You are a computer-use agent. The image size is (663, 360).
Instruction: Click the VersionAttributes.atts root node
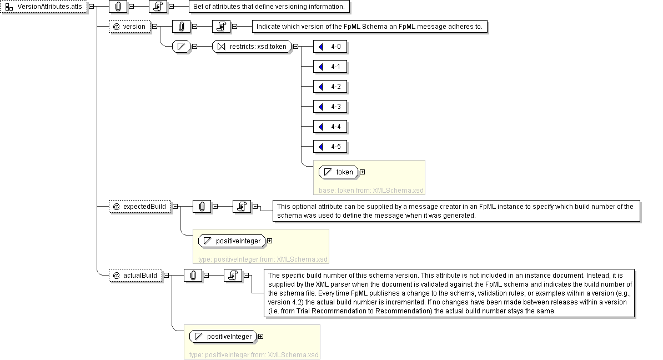tap(44, 7)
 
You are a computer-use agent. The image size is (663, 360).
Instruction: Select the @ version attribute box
tap(129, 27)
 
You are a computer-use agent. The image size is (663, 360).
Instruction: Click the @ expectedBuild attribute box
tap(140, 207)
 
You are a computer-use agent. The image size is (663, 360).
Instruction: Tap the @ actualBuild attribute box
tap(135, 276)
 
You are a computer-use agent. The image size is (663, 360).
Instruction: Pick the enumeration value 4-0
tap(330, 47)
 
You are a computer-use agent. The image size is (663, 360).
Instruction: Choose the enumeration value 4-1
tap(330, 67)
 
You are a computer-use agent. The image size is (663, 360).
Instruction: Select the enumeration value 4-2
tap(330, 87)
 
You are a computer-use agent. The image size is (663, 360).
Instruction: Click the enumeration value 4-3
tap(330, 107)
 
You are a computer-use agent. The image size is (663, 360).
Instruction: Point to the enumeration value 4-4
tap(330, 127)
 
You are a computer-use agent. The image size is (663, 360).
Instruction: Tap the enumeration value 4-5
tap(330, 147)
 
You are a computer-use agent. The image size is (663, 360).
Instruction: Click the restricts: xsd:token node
tap(252, 47)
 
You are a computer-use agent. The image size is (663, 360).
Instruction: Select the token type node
tap(338, 172)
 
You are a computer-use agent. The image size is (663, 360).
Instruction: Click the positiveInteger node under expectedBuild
tap(232, 241)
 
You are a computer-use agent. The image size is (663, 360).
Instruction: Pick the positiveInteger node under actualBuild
tap(223, 336)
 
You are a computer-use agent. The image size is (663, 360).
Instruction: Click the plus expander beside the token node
tap(363, 172)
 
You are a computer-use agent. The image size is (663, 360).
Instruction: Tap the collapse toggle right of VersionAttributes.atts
tap(91, 6)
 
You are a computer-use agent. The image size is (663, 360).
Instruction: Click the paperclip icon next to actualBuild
tap(193, 276)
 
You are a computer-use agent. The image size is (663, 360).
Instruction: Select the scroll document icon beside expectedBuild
tap(242, 207)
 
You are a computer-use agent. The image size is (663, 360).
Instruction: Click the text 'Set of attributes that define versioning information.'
tap(269, 7)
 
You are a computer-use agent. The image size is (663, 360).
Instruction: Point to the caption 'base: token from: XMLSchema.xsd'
tap(371, 191)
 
